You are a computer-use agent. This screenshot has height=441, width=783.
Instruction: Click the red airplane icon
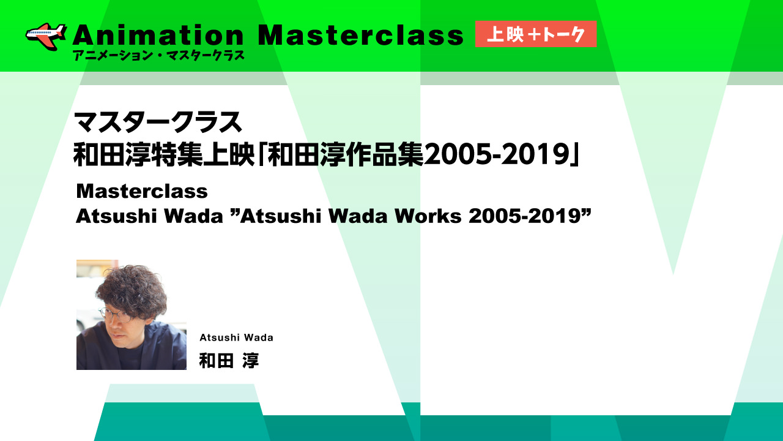[x=46, y=36]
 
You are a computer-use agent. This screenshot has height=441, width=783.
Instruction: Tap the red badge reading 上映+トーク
[x=535, y=34]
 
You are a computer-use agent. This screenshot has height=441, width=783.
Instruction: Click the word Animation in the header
[x=158, y=36]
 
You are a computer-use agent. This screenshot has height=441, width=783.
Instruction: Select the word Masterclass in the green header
[x=360, y=36]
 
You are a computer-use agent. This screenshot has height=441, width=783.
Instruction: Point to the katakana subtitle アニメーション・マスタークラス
[x=158, y=56]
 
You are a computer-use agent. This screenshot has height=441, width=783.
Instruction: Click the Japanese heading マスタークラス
[x=158, y=122]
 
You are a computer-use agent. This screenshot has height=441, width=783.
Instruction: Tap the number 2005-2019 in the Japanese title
[x=496, y=155]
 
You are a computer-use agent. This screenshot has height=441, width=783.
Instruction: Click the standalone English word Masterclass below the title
[x=142, y=192]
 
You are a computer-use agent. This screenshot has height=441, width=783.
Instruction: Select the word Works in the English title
[x=428, y=216]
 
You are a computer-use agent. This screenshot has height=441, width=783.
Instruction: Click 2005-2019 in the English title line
[x=525, y=216]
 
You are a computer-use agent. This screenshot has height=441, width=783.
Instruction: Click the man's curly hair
[x=132, y=290]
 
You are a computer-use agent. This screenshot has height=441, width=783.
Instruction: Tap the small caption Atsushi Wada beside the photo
[x=236, y=337]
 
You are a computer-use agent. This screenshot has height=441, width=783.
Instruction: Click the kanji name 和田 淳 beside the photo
[x=229, y=361]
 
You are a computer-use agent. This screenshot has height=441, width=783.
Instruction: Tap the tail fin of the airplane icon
[x=61, y=31]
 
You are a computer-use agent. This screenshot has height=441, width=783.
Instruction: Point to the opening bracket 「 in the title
[x=262, y=155]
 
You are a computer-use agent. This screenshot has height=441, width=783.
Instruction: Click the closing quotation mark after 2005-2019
[x=586, y=212]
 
